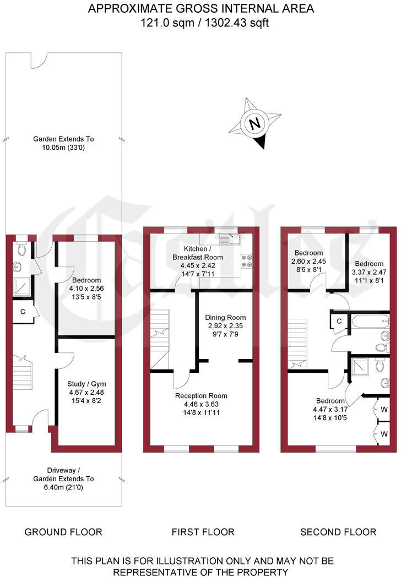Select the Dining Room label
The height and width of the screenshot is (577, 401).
point(225,318)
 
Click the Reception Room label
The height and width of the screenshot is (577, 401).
point(201,396)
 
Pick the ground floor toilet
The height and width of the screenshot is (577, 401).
point(21,248)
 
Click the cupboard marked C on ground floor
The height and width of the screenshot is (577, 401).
point(23,312)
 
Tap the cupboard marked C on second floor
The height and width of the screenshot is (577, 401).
point(339,321)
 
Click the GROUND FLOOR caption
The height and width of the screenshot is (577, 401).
point(63,532)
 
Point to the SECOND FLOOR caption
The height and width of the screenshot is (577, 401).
point(338,532)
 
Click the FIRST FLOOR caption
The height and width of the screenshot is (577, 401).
point(203,532)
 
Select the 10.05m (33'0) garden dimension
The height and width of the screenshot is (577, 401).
point(63,148)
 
